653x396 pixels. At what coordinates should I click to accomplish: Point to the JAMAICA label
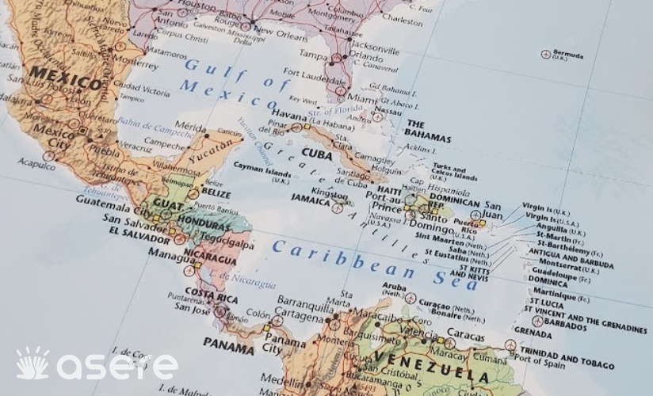310,200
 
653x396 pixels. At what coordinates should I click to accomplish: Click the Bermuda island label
568,55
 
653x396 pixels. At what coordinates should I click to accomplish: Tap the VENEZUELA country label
432,366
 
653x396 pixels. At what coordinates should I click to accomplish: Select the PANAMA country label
228,343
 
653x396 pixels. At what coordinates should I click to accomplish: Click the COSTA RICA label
212,296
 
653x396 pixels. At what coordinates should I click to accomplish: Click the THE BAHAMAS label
428,131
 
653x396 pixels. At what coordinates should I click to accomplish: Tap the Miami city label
363,97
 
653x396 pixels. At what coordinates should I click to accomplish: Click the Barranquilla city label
305,306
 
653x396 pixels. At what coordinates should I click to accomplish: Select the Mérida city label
190,127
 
